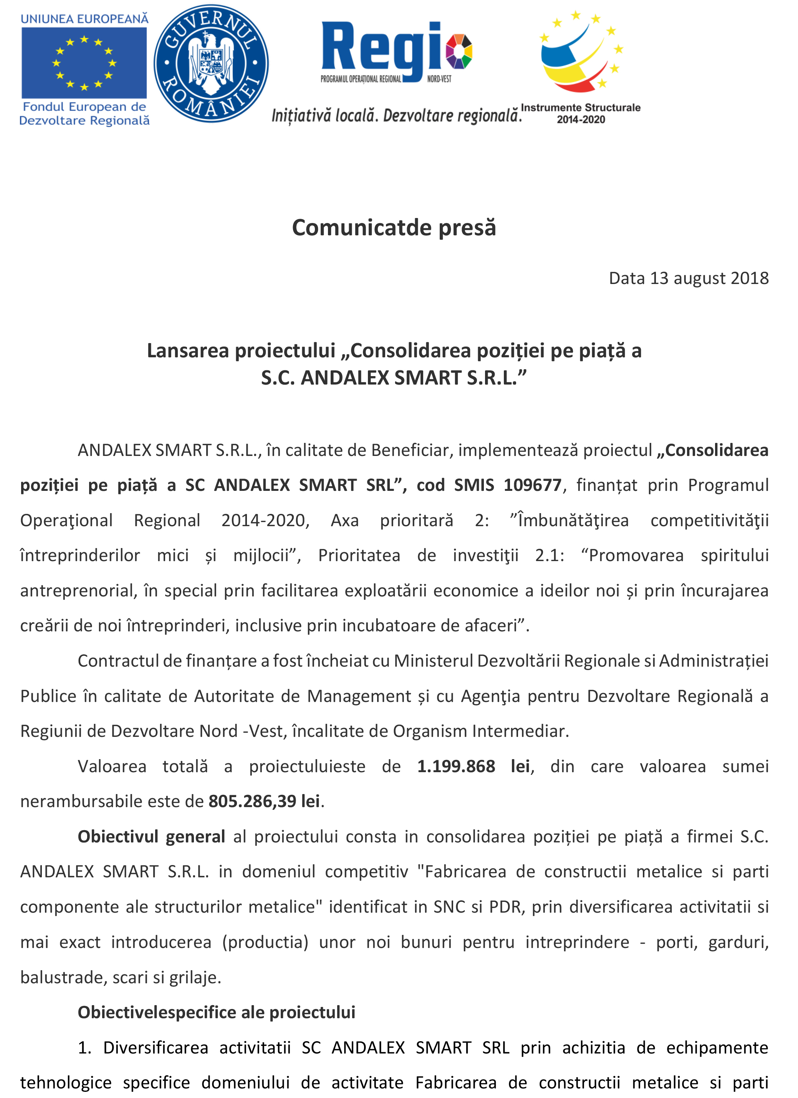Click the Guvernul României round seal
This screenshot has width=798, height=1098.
[211, 63]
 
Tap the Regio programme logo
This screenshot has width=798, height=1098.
[396, 52]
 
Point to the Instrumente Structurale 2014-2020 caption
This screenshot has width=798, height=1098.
[581, 113]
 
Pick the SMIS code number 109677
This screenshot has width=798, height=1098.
[532, 485]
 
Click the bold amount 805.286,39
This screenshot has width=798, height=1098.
[252, 802]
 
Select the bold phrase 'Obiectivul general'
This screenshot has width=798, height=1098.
[151, 837]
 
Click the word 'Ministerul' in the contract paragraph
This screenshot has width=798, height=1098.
[433, 661]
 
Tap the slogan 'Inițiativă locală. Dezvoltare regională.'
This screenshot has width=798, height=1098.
[396, 116]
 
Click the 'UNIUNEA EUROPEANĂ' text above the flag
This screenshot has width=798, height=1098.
[84, 19]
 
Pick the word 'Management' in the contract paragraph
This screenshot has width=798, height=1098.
[359, 696]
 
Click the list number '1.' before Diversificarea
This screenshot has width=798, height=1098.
[85, 1048]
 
